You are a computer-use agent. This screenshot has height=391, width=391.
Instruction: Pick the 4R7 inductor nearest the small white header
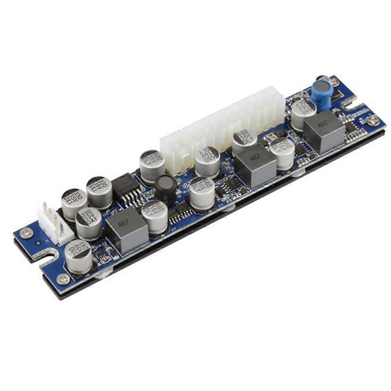pyautogui.click(x=126, y=231)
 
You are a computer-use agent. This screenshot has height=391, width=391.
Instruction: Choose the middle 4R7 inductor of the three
pyautogui.click(x=256, y=165)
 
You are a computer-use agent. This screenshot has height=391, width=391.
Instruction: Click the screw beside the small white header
pyautogui.click(x=26, y=233)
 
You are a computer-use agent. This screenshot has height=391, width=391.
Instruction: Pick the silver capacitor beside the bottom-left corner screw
pyautogui.click(x=78, y=256)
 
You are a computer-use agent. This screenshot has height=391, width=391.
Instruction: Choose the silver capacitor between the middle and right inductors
pyautogui.click(x=282, y=152)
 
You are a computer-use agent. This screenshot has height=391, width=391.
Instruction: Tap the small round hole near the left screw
pyautogui.click(x=38, y=242)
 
